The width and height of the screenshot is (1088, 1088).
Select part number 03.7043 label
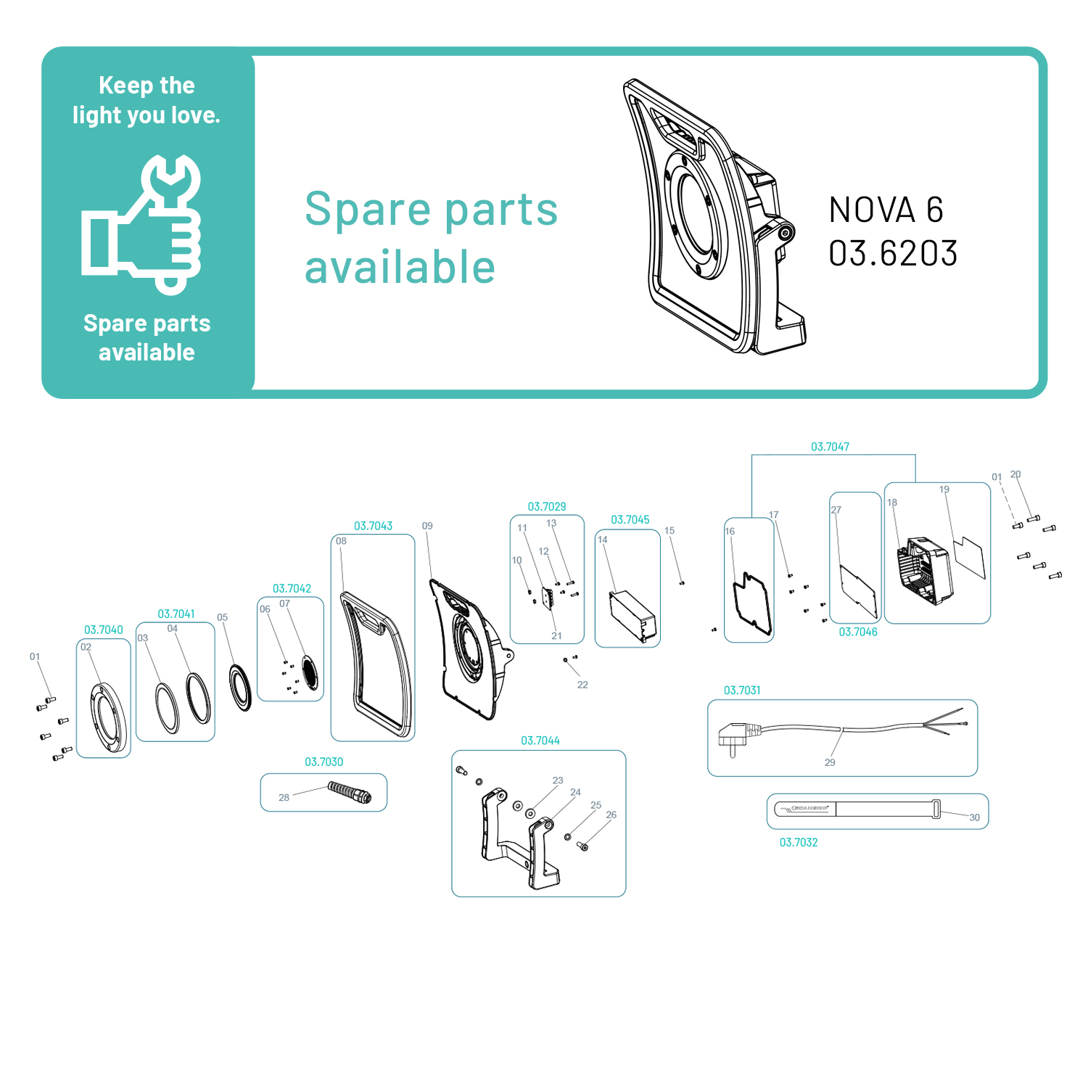pos(373,526)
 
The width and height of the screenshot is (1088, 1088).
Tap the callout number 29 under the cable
pos(830,762)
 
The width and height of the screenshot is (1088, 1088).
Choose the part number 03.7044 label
pos(540,741)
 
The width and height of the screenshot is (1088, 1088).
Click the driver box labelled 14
pos(632,616)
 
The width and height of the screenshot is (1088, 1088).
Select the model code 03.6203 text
pos(893,254)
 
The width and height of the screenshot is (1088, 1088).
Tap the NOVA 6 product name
pos(886,210)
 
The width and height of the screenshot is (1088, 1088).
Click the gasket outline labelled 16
pos(752,603)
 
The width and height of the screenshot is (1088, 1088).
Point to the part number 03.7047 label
pos(830,447)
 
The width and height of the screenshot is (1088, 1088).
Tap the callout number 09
pos(427,526)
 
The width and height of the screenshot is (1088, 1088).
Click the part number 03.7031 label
pos(742,691)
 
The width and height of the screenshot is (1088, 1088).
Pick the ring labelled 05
pos(241,686)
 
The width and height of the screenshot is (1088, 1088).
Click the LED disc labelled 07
pos(310,672)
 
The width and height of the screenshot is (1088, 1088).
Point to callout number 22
pos(582,685)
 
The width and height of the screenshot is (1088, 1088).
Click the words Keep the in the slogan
pos(147,86)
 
